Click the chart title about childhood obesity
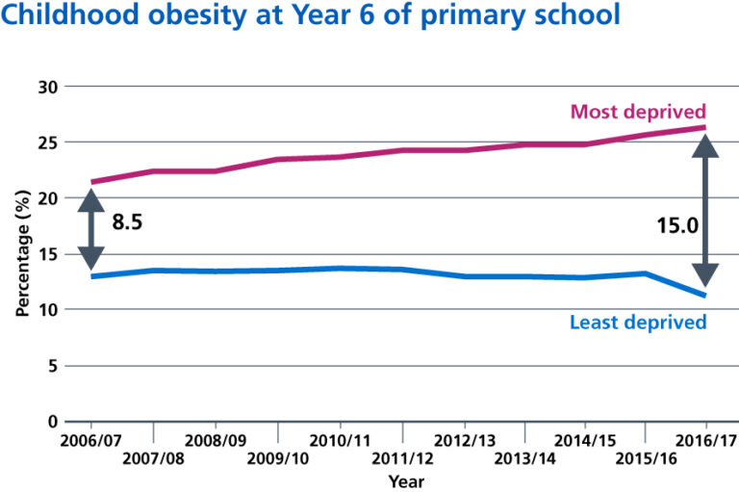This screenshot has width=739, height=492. tap(310, 17)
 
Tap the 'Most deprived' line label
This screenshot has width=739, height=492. tap(638, 111)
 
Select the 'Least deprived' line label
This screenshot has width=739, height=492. tap(638, 322)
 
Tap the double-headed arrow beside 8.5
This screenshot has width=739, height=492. tap(90, 229)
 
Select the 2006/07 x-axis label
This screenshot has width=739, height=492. tap(90, 439)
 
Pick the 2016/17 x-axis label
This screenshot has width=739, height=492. tap(706, 439)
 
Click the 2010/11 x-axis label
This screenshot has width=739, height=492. tap(339, 439)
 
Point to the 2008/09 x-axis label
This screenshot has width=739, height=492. tap(216, 439)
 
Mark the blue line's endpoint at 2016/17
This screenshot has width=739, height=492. tap(706, 296)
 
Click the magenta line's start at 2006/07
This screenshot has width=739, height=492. tap(91, 182)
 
